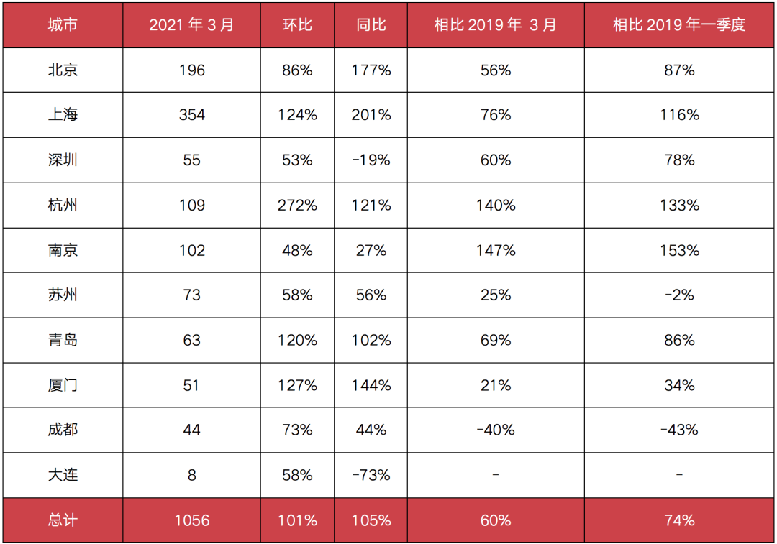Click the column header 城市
(63, 24)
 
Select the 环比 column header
(297, 24)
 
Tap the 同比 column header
(371, 24)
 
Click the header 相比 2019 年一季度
(679, 24)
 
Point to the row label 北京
(63, 70)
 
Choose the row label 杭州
(63, 205)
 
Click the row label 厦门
(63, 385)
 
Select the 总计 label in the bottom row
(63, 520)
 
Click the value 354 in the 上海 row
(192, 115)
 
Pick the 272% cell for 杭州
(297, 205)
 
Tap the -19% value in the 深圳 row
(371, 160)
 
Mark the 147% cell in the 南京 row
(496, 250)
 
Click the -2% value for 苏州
(679, 295)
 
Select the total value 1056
(192, 520)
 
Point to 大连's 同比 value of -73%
(371, 475)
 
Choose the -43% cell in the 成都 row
(679, 430)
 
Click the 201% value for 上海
(371, 115)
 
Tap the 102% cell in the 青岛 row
(371, 340)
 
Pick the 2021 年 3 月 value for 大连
(192, 475)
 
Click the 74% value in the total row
(679, 520)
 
